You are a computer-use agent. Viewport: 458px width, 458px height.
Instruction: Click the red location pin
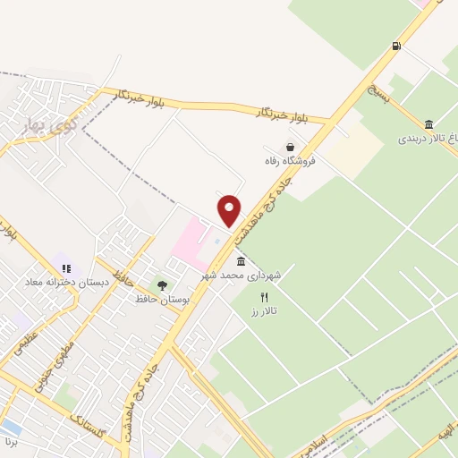point(230,210)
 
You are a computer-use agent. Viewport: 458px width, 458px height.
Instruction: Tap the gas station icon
point(394,46)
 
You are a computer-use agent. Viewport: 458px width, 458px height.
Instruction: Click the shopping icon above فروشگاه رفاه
point(289,148)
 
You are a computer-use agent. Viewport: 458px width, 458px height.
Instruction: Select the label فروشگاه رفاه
point(291,163)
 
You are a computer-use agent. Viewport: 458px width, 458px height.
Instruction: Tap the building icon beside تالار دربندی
point(429,124)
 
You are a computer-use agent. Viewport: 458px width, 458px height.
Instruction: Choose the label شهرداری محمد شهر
point(245,276)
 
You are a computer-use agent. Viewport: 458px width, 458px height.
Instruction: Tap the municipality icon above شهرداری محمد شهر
point(241,261)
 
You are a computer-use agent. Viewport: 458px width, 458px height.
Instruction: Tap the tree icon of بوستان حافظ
point(162,285)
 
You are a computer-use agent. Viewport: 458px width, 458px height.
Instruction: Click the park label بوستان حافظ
point(159,300)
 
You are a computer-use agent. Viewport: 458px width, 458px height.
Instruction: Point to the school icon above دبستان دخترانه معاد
point(66,267)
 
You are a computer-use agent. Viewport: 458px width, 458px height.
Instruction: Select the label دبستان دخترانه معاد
point(68,283)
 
